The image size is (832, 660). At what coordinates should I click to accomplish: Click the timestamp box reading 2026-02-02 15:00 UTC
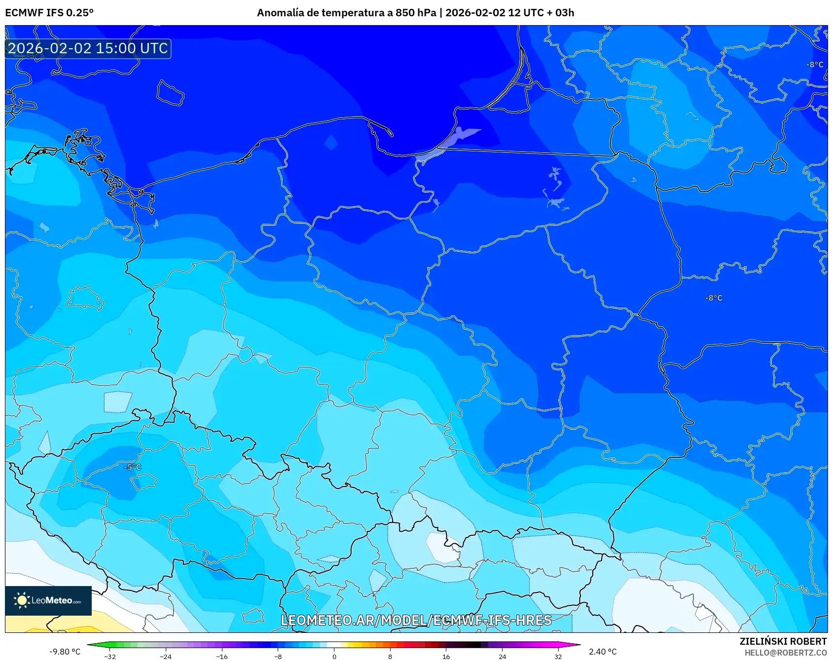(x=88, y=48)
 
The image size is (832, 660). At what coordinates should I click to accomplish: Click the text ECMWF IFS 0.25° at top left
(x=49, y=13)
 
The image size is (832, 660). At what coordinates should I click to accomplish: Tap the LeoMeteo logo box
(x=48, y=600)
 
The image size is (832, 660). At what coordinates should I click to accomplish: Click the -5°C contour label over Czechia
(x=132, y=467)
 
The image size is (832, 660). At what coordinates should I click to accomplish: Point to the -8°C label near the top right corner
(x=815, y=65)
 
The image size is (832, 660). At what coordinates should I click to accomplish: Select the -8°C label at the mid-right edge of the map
(x=713, y=298)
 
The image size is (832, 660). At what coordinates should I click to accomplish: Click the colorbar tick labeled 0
(x=334, y=656)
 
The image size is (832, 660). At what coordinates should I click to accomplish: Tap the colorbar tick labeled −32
(x=110, y=656)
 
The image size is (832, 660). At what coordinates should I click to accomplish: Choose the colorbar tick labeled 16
(x=446, y=656)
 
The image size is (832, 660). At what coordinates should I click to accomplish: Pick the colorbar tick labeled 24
(x=502, y=656)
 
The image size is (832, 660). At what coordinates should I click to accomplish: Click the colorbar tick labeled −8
(x=278, y=656)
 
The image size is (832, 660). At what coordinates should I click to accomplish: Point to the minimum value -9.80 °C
(x=65, y=652)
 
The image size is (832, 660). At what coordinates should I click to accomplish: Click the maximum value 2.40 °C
(x=603, y=652)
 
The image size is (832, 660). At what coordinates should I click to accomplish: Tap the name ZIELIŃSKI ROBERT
(x=783, y=641)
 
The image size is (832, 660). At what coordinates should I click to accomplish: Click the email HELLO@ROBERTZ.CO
(x=785, y=653)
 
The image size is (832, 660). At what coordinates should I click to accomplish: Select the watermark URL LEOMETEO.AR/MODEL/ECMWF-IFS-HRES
(x=416, y=620)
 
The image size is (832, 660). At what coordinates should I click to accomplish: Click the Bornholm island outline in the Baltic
(x=170, y=93)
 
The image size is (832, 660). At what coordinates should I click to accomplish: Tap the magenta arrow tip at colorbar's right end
(x=578, y=644)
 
